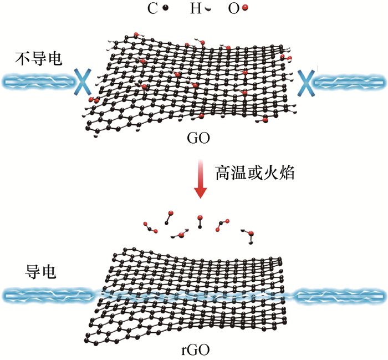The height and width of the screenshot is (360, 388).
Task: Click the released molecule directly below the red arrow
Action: tap(200, 221)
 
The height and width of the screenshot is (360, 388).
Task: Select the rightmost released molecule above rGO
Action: tap(249, 235)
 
